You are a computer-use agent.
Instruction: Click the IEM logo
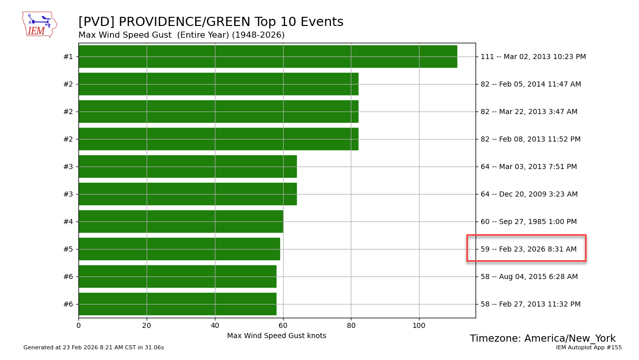point(39,24)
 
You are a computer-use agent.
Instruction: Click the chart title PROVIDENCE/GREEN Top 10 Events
point(211,22)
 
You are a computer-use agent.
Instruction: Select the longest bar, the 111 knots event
point(267,57)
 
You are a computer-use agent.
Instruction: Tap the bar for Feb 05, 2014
point(218,84)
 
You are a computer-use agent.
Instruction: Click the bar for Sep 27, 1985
point(180,221)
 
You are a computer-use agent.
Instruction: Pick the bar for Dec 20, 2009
point(187,194)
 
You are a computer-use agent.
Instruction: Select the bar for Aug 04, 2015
point(177,276)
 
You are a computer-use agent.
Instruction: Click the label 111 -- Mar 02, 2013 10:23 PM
point(533,57)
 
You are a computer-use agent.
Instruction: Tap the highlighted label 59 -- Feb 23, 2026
point(529,249)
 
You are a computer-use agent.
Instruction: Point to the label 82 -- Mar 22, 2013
point(529,112)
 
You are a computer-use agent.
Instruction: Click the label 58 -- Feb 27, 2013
point(531,304)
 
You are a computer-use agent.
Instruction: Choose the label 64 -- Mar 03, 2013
point(529,167)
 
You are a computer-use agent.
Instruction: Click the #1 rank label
point(68,57)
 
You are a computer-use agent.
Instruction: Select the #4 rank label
point(68,221)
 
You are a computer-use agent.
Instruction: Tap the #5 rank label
point(68,249)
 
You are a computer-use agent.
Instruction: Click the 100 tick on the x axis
point(419,325)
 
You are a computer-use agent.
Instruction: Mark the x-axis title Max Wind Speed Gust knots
point(276,336)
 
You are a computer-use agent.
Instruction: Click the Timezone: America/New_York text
point(542,339)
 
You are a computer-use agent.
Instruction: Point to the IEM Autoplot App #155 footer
point(589,348)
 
